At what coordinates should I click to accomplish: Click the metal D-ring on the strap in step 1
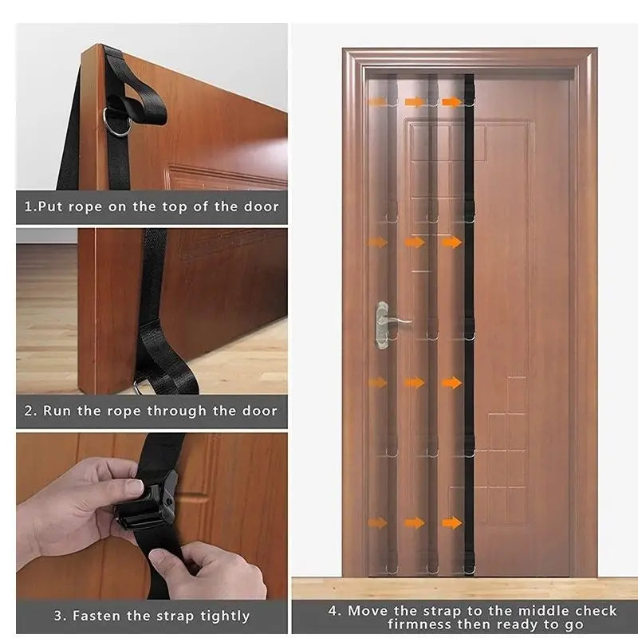coord(118,126)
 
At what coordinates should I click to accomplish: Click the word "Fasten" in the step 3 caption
coord(99,616)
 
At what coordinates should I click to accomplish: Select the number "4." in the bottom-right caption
coord(335,611)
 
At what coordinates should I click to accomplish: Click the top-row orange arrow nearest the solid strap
coord(451,102)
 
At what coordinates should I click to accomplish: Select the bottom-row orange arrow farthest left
coord(377,523)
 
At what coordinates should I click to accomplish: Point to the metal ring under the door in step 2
coord(141,388)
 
